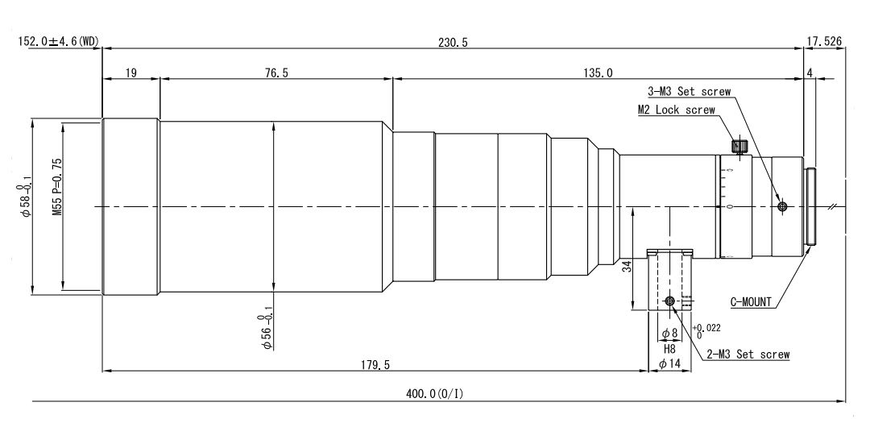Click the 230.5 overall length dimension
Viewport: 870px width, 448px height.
pos(452,42)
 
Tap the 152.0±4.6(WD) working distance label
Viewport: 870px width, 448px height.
pos(58,42)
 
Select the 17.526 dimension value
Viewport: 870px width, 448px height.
pos(824,42)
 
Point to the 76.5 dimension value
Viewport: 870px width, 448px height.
pos(275,73)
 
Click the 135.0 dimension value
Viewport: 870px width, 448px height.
pos(598,73)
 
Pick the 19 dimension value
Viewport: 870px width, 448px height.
pos(131,73)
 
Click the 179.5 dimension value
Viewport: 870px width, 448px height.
pos(375,364)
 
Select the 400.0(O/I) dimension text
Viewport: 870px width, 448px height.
pos(434,393)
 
